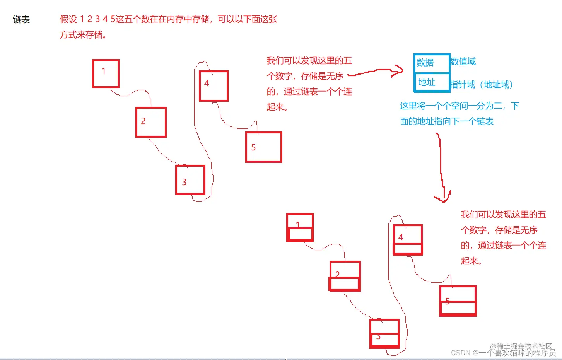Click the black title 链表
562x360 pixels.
pos(21,20)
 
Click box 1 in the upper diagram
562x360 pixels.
pos(106,73)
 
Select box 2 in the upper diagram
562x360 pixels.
pos(151,122)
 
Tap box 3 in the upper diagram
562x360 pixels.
pos(190,179)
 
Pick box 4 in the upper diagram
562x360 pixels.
pos(214,86)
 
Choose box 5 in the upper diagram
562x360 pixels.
pos(263,147)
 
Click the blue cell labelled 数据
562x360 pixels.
pos(431,63)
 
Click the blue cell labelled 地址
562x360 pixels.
pos(431,82)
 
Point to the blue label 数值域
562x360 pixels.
pos(463,61)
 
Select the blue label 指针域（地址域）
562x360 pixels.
pos(482,85)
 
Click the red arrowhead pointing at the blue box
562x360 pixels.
pos(398,70)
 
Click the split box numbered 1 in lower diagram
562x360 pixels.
pos(300,227)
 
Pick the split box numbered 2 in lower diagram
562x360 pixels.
pos(345,276)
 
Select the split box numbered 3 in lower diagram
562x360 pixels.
pos(384,333)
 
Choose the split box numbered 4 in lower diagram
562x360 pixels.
pos(408,239)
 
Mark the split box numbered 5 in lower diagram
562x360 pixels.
pos(458,301)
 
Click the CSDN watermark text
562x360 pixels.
pos(503,353)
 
